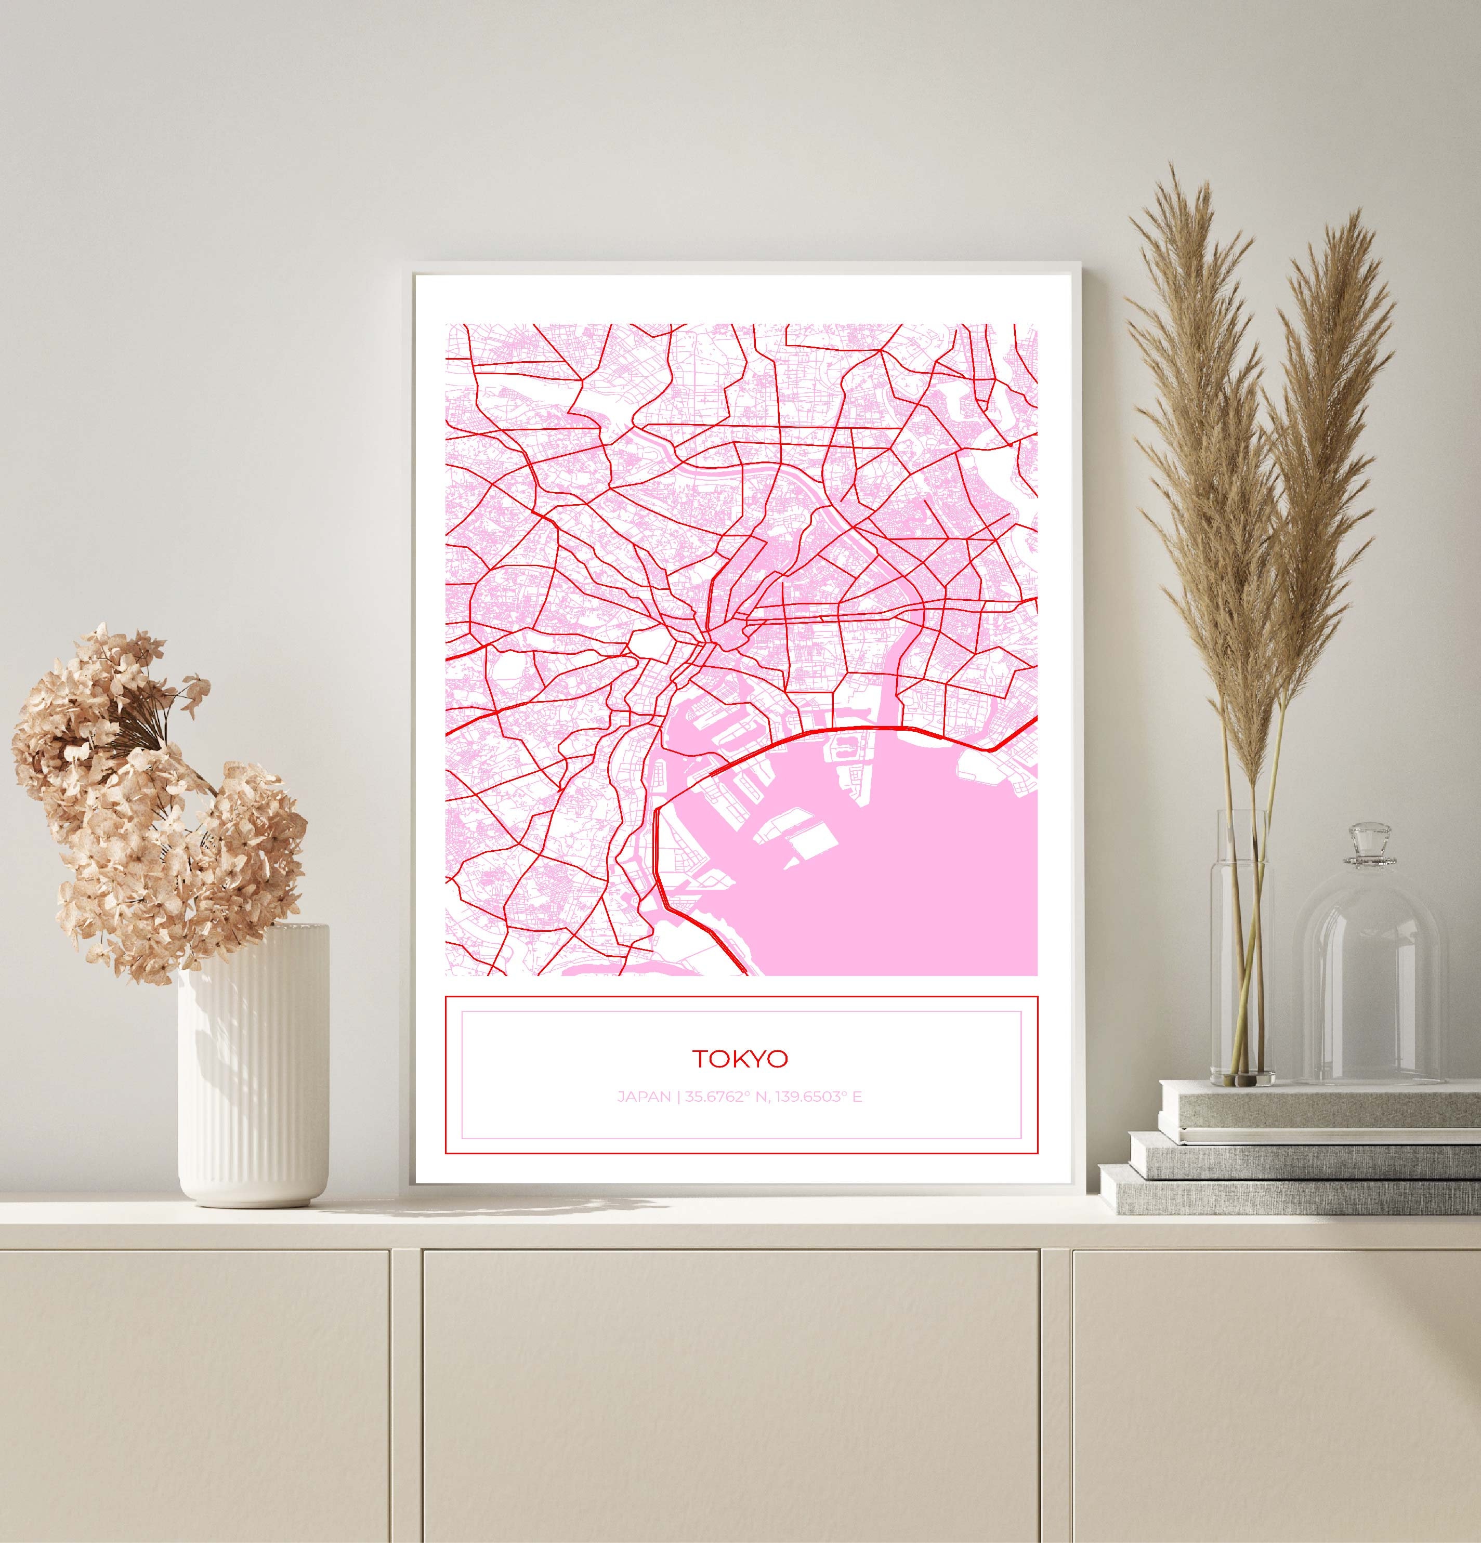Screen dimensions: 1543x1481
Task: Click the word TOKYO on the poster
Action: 739,1059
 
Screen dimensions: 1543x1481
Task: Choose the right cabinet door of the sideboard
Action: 1276,1393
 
